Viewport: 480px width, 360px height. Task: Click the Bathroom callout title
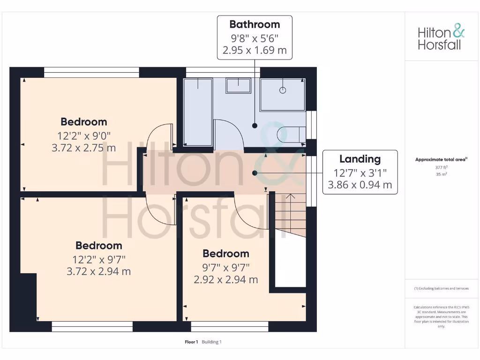pos(255,24)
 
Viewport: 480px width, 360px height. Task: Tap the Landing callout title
pos(360,159)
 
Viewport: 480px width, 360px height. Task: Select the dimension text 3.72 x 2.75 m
pos(83,148)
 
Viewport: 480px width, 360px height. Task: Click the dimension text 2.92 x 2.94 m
pos(225,280)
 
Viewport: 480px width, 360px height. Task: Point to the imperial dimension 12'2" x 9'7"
pos(98,259)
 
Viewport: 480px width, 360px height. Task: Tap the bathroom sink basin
pos(238,86)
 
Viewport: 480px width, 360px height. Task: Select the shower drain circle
pos(283,90)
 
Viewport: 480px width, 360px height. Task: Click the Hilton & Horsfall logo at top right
pos(441,38)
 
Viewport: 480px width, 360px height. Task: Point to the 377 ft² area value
pos(441,167)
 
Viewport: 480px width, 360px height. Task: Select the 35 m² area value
pos(441,174)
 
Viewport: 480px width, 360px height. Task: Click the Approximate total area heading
pos(441,160)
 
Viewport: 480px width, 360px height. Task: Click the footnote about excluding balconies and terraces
pos(441,288)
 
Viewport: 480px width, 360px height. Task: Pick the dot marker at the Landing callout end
pos(255,173)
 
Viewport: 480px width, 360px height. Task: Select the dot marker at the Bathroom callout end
pos(255,126)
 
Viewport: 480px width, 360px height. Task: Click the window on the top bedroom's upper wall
pos(92,72)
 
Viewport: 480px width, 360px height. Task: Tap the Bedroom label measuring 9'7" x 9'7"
pos(225,254)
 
